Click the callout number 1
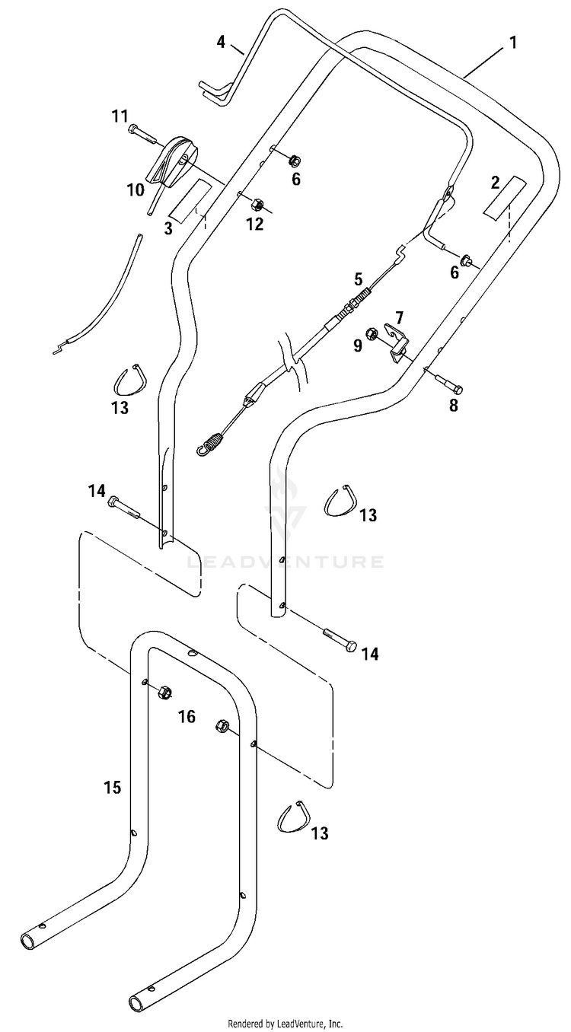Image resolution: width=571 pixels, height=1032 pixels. [513, 43]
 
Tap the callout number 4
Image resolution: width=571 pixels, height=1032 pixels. [222, 43]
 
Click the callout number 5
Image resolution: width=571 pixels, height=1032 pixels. [358, 279]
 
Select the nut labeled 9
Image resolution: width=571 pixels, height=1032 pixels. [371, 333]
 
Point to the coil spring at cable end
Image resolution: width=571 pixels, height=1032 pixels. [209, 443]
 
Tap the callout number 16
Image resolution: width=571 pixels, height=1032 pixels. [187, 716]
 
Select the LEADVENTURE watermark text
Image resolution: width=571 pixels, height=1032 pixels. [284, 562]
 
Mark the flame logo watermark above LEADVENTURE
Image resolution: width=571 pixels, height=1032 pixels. [284, 503]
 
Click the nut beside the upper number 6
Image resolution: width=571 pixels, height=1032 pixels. [292, 161]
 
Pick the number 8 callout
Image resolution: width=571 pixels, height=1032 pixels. [454, 406]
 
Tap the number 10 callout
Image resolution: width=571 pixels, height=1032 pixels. [136, 190]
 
